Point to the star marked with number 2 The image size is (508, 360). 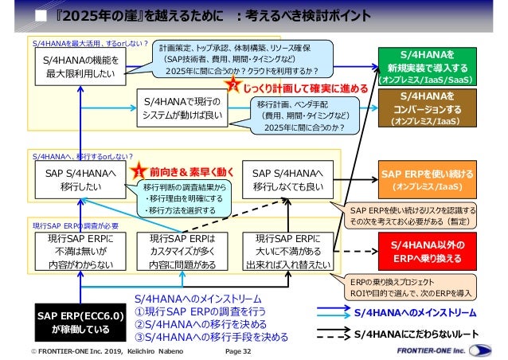coord(232,85)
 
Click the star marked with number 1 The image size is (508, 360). coord(137,170)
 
